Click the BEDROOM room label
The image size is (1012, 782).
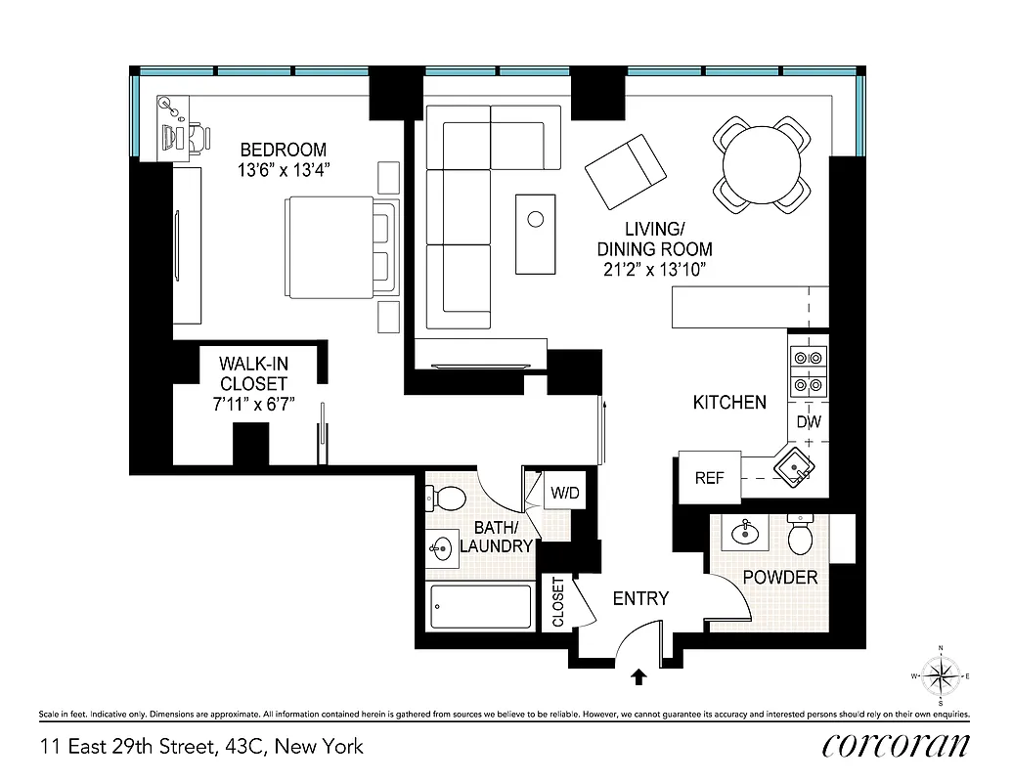(x=284, y=150)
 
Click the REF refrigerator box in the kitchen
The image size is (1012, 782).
(x=709, y=478)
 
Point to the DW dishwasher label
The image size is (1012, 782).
(x=808, y=422)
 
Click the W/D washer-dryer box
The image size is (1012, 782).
(x=565, y=493)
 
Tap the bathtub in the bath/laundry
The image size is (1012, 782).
(x=480, y=606)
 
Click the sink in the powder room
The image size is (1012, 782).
(x=745, y=534)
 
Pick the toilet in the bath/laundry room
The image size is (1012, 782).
(x=448, y=498)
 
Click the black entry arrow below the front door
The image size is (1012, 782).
(x=639, y=674)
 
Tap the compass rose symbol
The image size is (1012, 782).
(x=940, y=675)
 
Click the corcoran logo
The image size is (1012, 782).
(x=897, y=745)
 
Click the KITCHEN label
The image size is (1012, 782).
(x=729, y=402)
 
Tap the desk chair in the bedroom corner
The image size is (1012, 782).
(x=198, y=139)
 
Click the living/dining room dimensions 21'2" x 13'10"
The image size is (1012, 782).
(x=654, y=268)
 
